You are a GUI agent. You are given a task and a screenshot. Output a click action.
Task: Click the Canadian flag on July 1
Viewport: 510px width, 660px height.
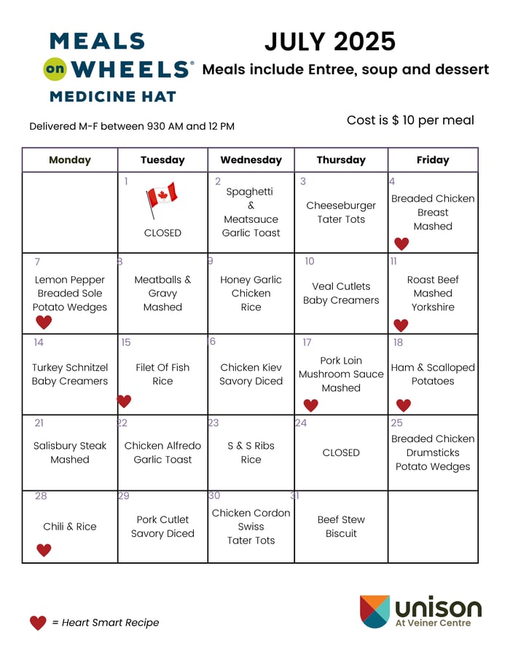tap(162, 200)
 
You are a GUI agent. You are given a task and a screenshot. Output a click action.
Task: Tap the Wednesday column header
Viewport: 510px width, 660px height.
tap(251, 160)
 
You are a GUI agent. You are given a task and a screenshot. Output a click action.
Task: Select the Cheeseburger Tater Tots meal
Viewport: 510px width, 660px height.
tap(341, 213)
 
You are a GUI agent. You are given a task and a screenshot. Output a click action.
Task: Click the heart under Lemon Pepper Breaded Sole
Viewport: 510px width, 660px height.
tap(44, 322)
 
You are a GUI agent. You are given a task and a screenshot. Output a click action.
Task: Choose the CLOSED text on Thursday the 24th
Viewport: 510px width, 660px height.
tap(341, 452)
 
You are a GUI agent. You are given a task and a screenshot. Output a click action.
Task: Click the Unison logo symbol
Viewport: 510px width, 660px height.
tap(374, 611)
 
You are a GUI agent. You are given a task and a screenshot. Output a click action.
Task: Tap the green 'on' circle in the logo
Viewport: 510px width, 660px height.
tap(55, 69)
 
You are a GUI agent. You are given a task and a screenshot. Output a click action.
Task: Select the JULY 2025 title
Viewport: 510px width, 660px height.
tap(329, 42)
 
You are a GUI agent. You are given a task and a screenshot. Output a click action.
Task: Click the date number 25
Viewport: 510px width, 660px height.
tap(396, 423)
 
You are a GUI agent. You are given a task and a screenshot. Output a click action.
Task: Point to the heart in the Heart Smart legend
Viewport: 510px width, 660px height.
tap(38, 623)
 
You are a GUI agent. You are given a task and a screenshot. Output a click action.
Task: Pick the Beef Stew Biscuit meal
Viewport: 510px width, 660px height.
tap(341, 527)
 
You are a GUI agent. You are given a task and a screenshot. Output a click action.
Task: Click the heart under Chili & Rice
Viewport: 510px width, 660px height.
tap(44, 550)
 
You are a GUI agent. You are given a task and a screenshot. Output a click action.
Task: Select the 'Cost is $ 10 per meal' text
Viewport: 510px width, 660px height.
tap(410, 120)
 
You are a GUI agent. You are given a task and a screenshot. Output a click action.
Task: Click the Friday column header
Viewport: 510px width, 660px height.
tap(433, 160)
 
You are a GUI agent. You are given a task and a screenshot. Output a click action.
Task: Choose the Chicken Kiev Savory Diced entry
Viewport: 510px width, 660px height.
tap(251, 374)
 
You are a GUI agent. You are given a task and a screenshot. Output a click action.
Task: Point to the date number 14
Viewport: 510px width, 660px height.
tap(39, 342)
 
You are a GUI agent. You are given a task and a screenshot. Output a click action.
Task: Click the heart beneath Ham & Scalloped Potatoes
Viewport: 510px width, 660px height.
tap(403, 405)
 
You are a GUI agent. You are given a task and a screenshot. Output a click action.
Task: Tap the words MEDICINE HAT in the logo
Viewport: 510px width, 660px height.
tap(113, 96)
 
